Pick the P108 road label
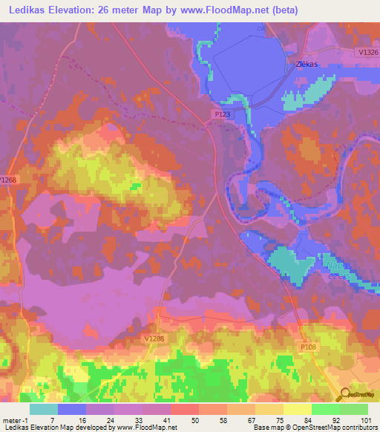click(x=309, y=346)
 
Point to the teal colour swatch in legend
click(x=44, y=409)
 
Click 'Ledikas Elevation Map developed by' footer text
click(x=53, y=428)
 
